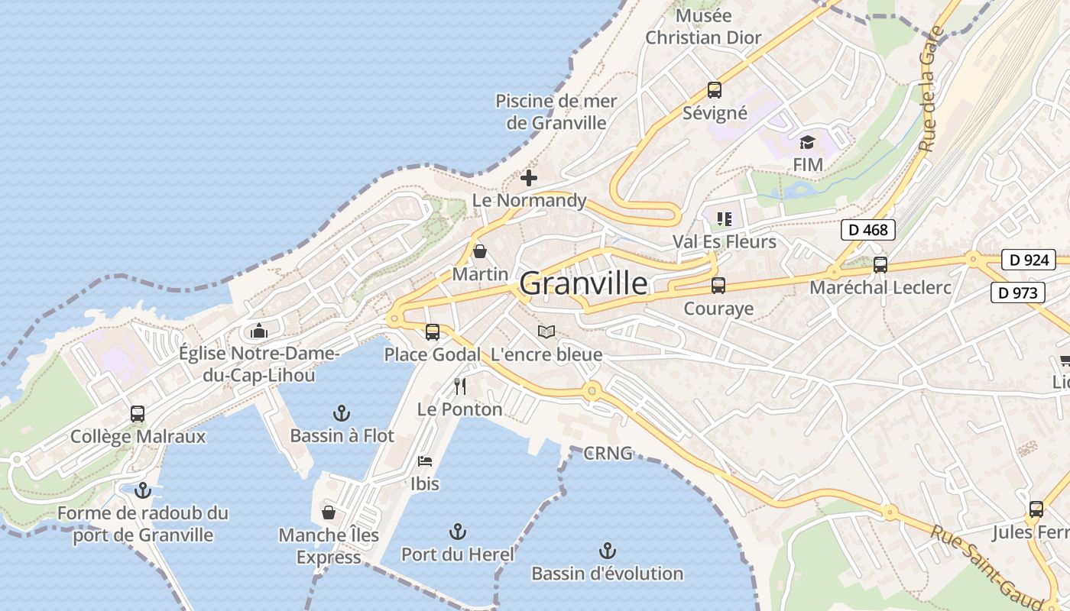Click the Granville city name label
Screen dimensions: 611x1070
[x=583, y=283]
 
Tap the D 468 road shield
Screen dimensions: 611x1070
[x=867, y=229]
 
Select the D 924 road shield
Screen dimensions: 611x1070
[x=1028, y=260]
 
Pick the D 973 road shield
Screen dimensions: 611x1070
[x=1017, y=292]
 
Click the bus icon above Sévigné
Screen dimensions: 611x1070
[x=714, y=90]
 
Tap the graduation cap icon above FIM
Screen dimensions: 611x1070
[x=807, y=142]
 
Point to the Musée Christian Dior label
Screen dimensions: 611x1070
[x=703, y=27]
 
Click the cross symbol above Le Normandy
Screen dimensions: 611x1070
[x=528, y=179]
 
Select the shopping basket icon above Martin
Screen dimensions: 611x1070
[x=480, y=251]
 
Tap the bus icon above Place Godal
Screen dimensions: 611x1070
[x=433, y=332]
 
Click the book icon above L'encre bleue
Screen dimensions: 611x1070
[x=546, y=331]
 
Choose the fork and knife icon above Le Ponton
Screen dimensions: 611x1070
[x=459, y=386]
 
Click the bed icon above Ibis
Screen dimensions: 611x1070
[x=425, y=461]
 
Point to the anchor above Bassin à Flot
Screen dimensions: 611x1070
[x=342, y=414]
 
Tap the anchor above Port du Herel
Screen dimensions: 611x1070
[x=457, y=532]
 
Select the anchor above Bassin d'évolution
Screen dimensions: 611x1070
[x=607, y=551]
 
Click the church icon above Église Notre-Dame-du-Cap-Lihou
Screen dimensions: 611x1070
[x=259, y=331]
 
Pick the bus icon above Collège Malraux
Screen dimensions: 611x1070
[x=138, y=414]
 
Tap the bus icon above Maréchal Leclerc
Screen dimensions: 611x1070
[x=880, y=265]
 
